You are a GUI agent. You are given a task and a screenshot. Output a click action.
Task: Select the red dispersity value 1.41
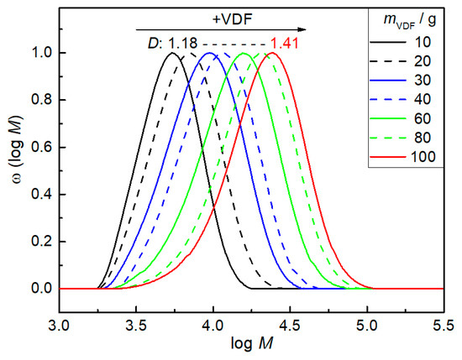coord(282,44)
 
